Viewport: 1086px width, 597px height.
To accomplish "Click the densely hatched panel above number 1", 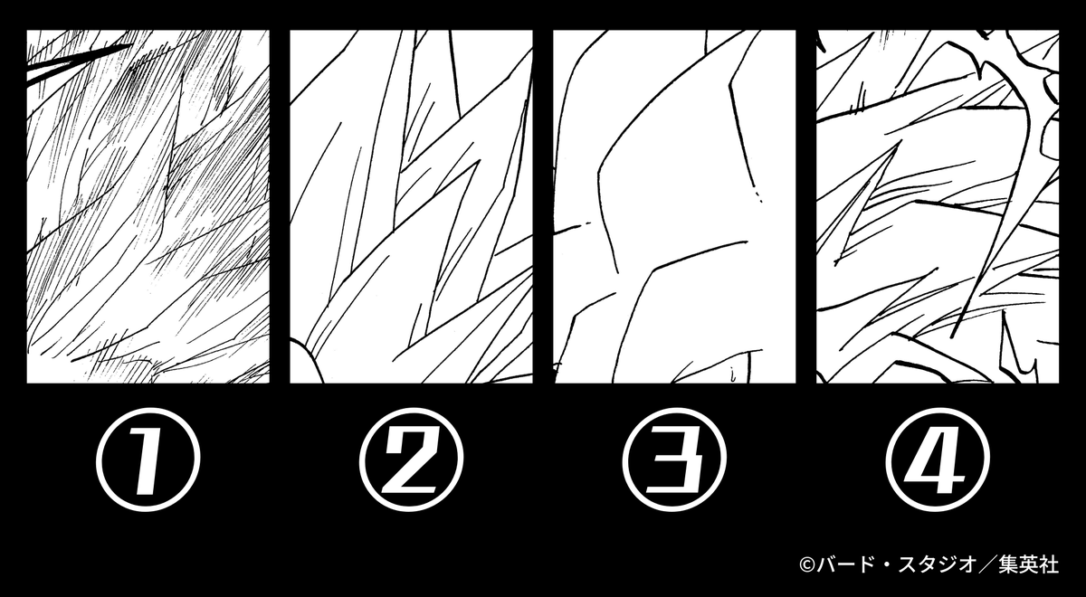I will [x=148, y=206].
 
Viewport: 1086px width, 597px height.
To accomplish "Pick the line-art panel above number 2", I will [x=411, y=206].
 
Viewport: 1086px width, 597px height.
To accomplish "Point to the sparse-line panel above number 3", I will [x=674, y=206].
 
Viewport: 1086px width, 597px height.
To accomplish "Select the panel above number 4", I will [x=938, y=206].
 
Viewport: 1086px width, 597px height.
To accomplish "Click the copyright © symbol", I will [x=807, y=565].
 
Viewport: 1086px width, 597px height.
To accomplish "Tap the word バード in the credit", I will [x=842, y=565].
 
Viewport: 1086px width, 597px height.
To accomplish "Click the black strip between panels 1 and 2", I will [x=280, y=206].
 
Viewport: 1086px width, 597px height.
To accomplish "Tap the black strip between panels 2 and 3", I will [x=543, y=206].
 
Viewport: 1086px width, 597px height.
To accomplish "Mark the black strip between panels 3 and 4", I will [x=806, y=206].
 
